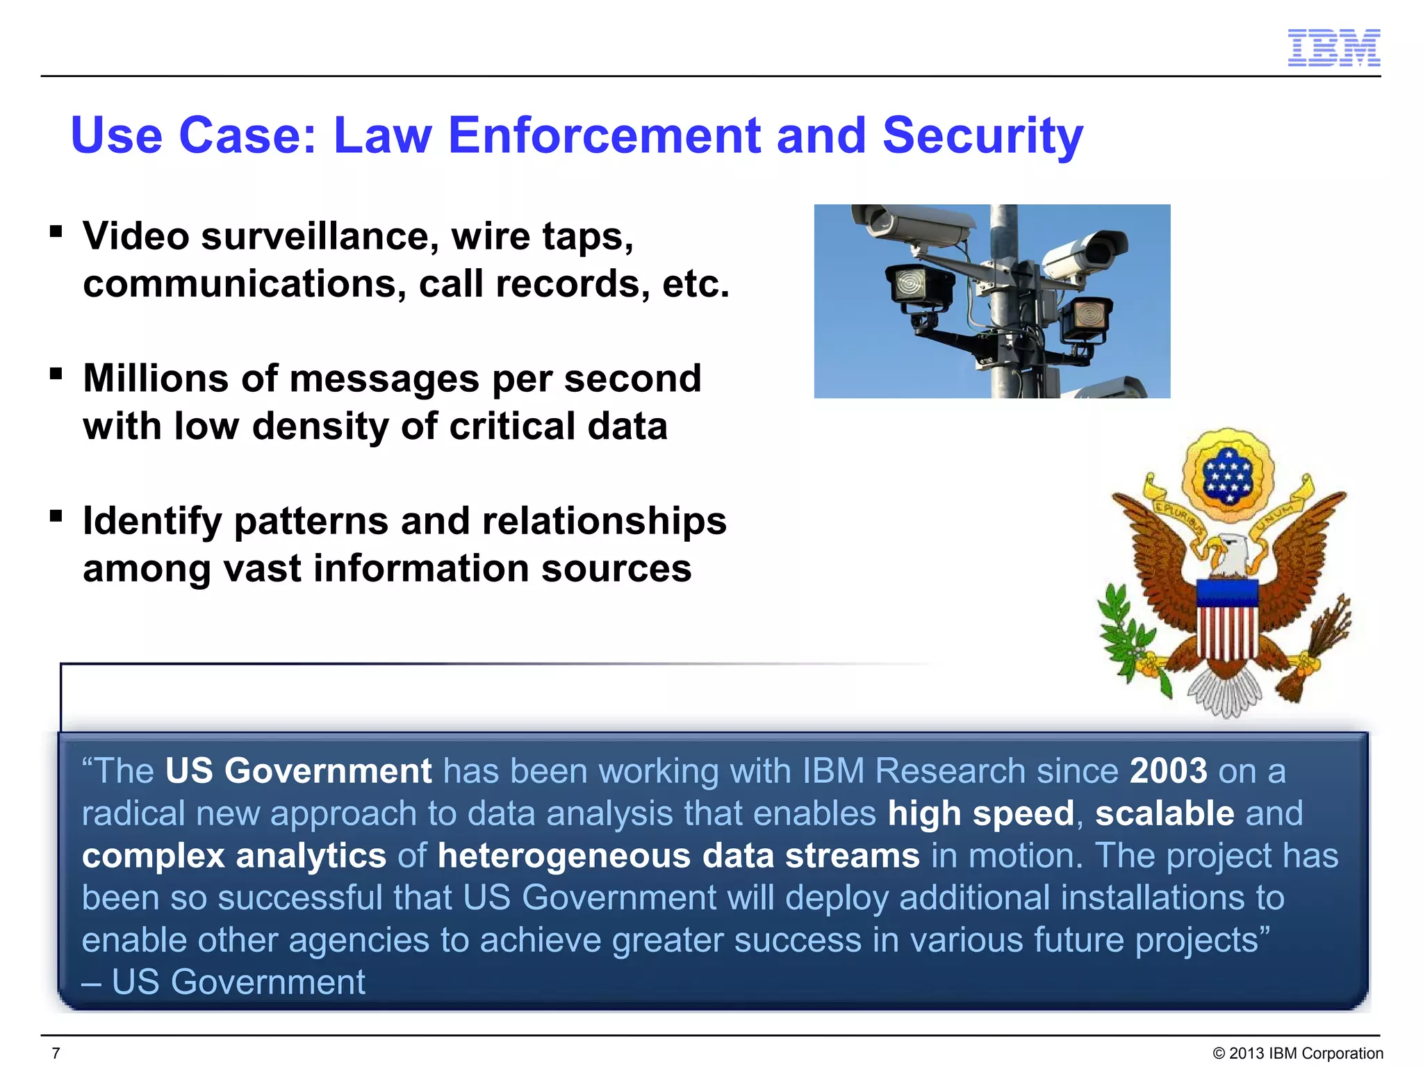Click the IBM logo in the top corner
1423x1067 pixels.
click(1333, 48)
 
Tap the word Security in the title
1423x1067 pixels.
click(982, 136)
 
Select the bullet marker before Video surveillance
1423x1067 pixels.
click(56, 231)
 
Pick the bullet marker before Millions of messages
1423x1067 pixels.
click(56, 374)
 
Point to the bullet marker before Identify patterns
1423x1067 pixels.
click(56, 516)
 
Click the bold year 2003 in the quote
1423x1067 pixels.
click(1169, 771)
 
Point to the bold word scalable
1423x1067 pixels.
click(1165, 813)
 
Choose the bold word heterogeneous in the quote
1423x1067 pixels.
click(564, 856)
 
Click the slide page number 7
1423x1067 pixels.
click(56, 1053)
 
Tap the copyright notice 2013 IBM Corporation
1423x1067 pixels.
click(1297, 1053)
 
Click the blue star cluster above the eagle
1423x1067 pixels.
click(1227, 476)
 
